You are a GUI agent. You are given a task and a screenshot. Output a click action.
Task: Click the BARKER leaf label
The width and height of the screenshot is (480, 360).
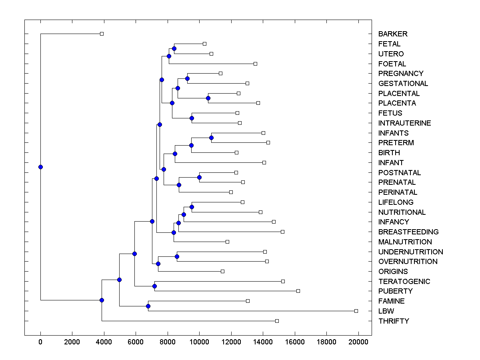click(393, 34)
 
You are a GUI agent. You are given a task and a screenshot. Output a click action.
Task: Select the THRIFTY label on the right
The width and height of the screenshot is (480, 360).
click(394, 321)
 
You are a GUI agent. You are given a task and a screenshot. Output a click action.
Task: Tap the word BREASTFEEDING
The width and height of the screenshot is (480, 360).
click(408, 232)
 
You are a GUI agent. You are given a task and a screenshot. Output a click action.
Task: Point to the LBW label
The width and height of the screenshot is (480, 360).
click(386, 311)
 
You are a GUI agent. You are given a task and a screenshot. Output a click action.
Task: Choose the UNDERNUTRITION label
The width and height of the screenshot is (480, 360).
click(410, 252)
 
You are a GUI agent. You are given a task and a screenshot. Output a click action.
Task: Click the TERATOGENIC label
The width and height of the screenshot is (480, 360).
click(404, 282)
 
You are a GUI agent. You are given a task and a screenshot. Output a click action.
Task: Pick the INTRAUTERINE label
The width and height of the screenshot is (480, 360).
click(404, 123)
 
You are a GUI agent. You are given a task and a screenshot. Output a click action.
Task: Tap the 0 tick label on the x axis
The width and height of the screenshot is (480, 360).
click(40, 342)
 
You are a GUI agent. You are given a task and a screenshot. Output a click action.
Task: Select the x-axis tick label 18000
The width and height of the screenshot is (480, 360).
click(326, 342)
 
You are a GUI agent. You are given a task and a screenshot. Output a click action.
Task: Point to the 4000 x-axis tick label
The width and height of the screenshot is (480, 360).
click(104, 342)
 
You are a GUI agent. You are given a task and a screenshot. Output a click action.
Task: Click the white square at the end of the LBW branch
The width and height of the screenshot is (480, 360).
click(356, 311)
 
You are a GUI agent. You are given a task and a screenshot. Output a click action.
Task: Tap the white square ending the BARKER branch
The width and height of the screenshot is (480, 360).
click(102, 34)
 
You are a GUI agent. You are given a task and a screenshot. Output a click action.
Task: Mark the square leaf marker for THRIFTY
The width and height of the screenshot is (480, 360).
click(277, 321)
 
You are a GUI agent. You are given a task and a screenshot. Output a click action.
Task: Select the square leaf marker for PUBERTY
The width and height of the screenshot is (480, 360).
click(298, 291)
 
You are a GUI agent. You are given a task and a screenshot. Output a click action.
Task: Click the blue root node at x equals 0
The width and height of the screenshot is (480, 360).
click(40, 167)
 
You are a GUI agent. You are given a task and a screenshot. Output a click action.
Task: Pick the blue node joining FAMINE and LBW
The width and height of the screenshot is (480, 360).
click(148, 306)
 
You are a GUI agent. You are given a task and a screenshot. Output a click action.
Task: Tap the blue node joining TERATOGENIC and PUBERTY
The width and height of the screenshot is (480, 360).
click(154, 286)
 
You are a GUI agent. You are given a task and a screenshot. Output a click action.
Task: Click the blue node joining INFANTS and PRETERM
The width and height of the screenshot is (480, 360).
click(211, 138)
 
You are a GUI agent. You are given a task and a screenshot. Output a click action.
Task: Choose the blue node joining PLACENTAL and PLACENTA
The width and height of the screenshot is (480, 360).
click(208, 98)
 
